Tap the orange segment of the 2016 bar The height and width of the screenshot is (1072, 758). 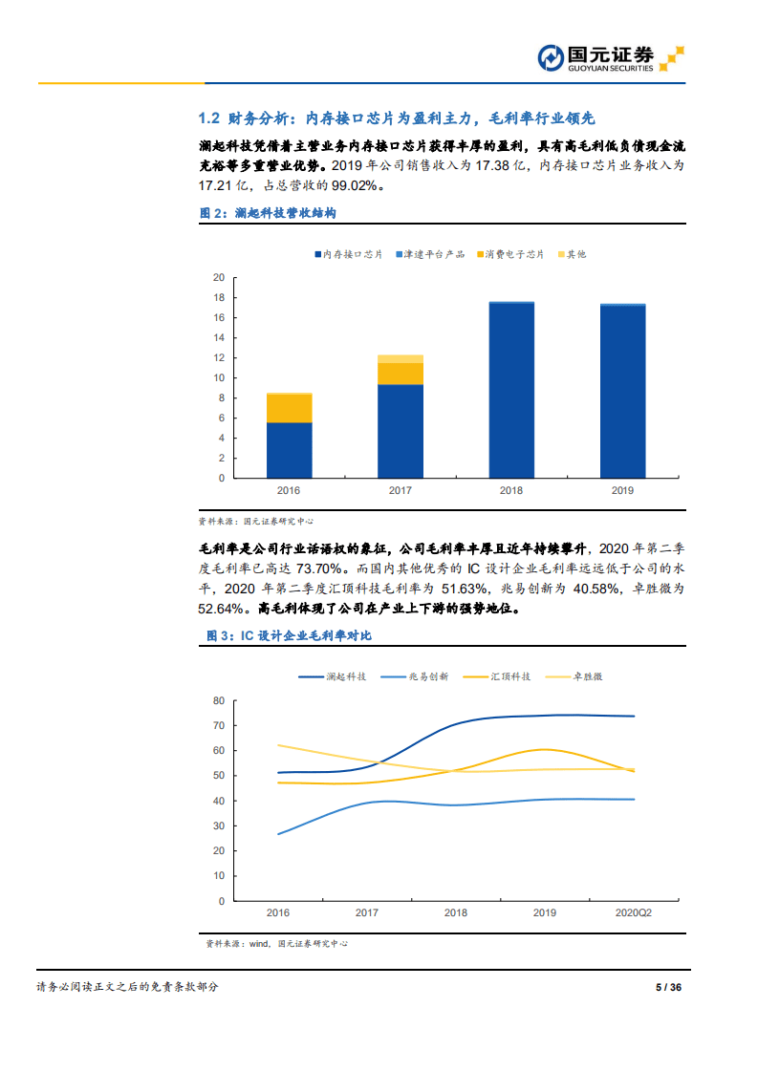pos(289,408)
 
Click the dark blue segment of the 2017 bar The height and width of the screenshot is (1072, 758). pos(401,431)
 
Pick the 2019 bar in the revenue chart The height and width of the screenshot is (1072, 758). pos(622,392)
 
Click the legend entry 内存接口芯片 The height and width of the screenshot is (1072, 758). pos(347,254)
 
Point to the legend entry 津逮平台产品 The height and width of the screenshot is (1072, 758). pos(429,254)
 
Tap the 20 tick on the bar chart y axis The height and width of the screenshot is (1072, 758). pos(218,277)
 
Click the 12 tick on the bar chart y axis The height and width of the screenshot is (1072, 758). pos(218,357)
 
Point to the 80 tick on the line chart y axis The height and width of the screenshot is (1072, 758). pos(218,700)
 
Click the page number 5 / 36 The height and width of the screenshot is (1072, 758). pos(668,987)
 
